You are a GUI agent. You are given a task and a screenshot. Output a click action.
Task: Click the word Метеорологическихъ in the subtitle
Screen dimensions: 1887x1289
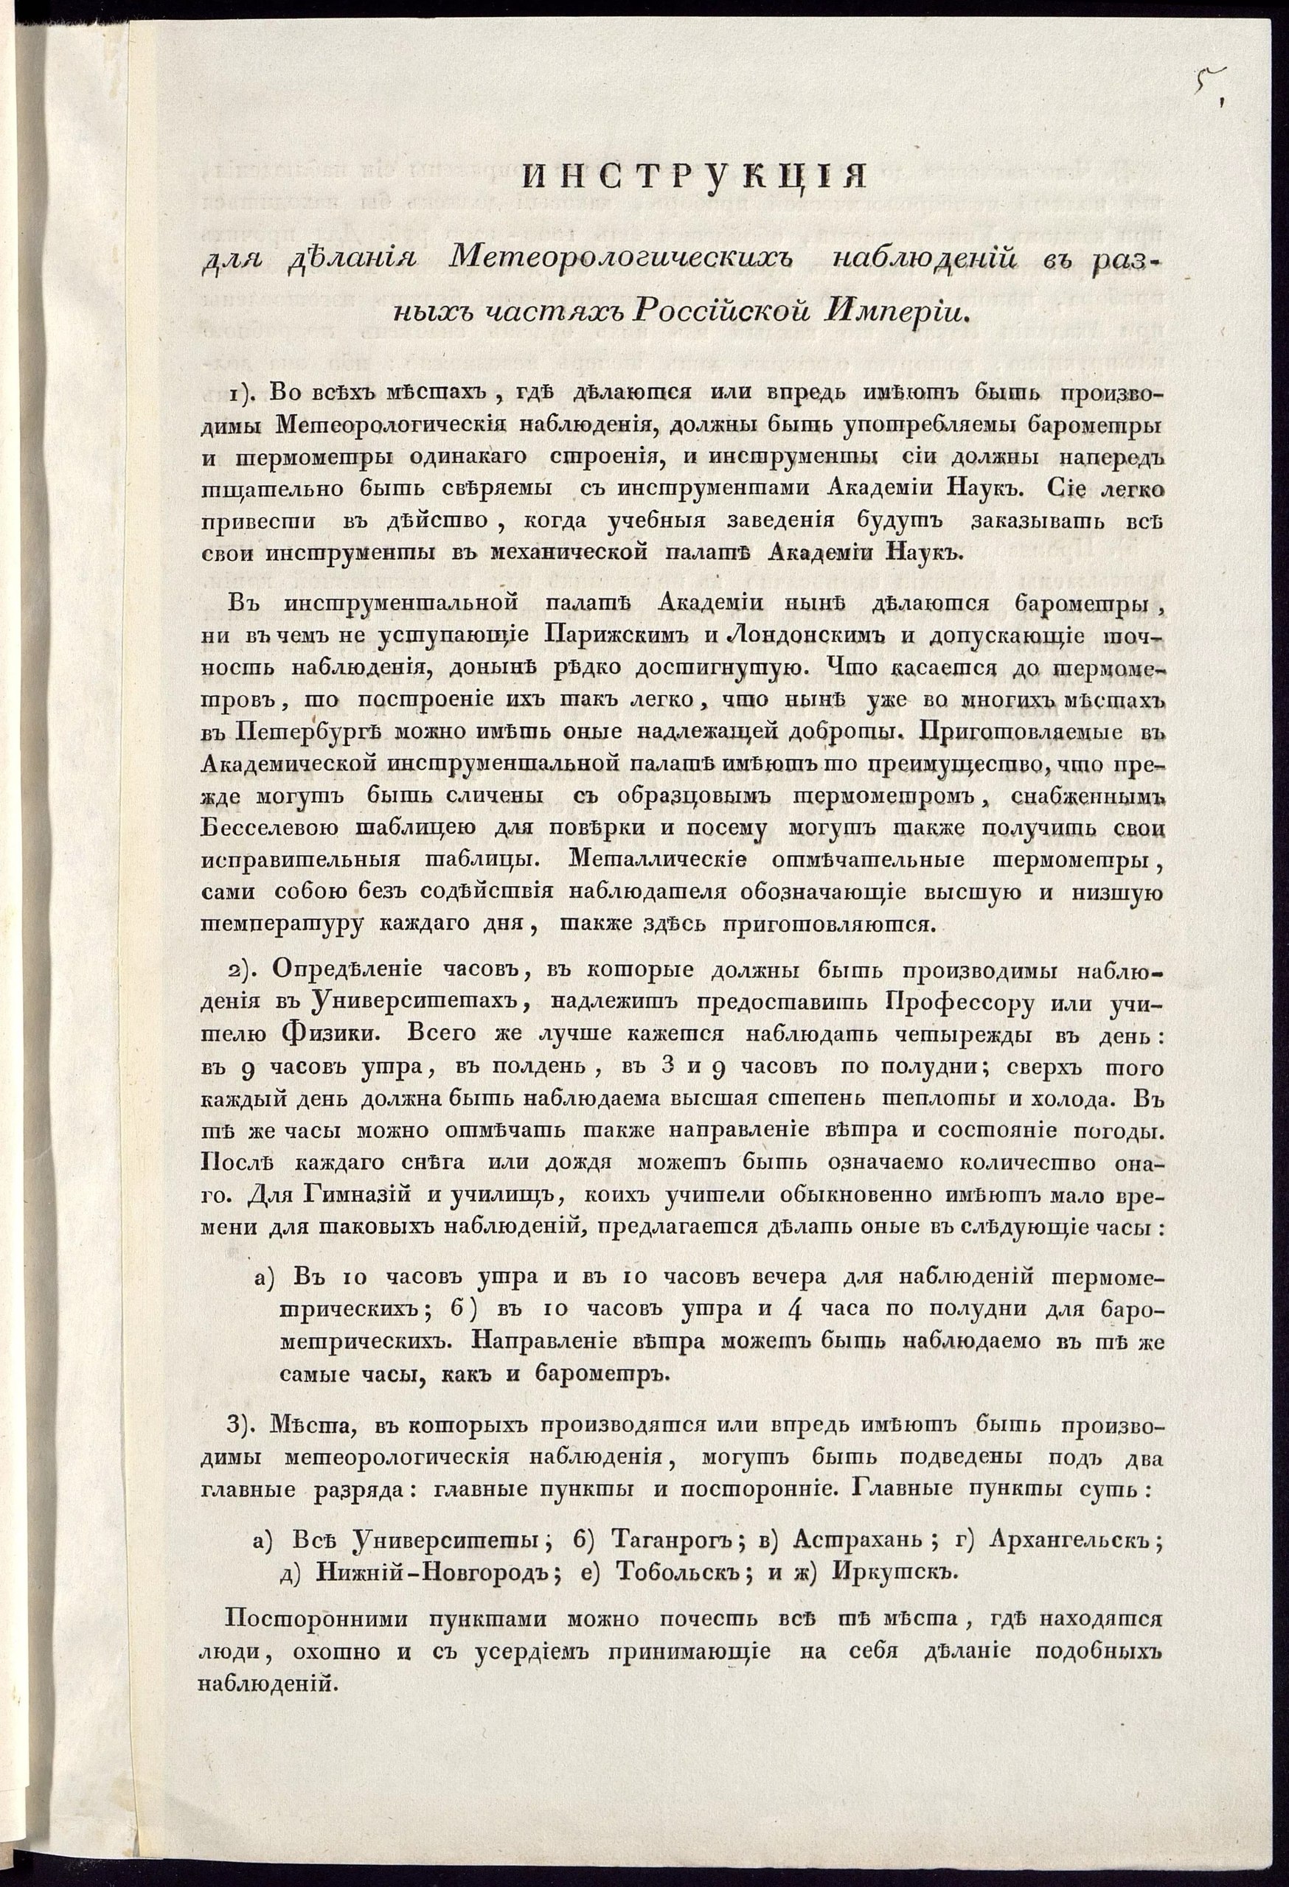[622, 257]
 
